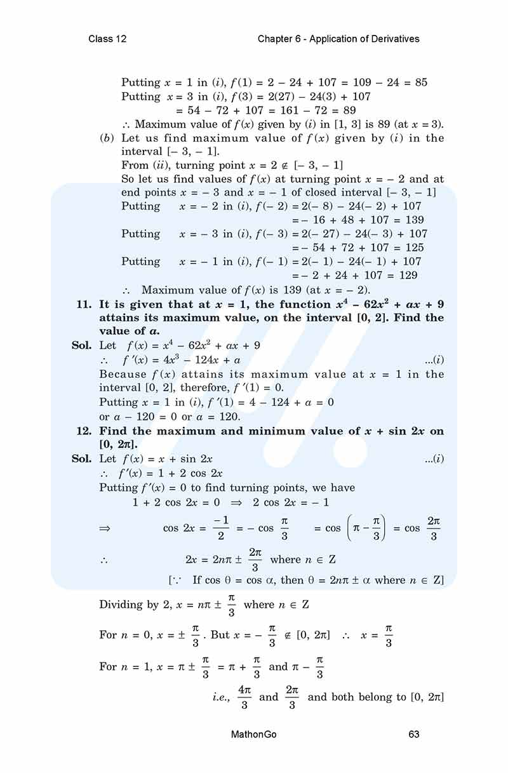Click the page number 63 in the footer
[414, 734]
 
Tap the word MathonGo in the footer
[254, 734]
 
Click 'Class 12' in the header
[107, 39]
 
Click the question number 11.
[84, 304]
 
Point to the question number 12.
[84, 431]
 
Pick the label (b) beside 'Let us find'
[107, 138]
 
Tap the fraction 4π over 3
[244, 697]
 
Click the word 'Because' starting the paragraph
[121, 375]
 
